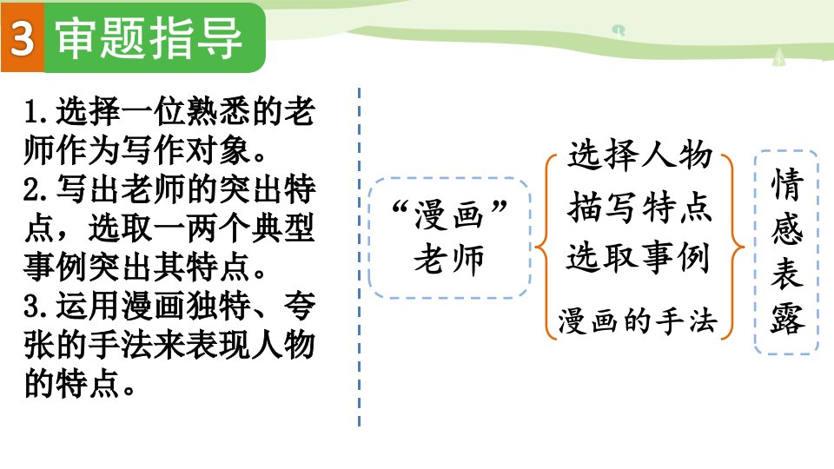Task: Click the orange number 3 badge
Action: pyautogui.click(x=23, y=37)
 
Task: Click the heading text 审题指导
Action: pyautogui.click(x=149, y=38)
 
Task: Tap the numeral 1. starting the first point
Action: pyautogui.click(x=36, y=112)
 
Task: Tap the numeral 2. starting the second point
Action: pyautogui.click(x=36, y=190)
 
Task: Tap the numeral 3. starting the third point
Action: pyautogui.click(x=36, y=307)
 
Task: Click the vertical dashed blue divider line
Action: pyautogui.click(x=360, y=257)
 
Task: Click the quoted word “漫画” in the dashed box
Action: pyautogui.click(x=449, y=214)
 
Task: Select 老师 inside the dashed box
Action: pyautogui.click(x=449, y=260)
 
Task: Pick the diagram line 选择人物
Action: pyautogui.click(x=640, y=155)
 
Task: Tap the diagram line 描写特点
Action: pyautogui.click(x=640, y=207)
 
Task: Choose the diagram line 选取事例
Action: pyautogui.click(x=639, y=257)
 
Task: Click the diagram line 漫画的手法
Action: pyautogui.click(x=638, y=320)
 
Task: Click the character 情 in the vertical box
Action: pyautogui.click(x=787, y=184)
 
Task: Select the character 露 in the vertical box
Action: pyautogui.click(x=787, y=319)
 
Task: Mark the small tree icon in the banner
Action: pyautogui.click(x=778, y=57)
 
